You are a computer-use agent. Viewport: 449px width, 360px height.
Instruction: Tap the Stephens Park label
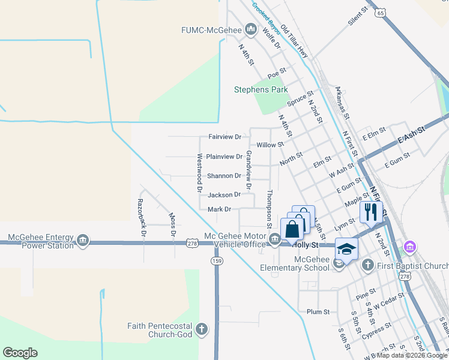[261, 90]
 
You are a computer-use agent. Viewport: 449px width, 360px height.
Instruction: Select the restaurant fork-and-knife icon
[371, 212]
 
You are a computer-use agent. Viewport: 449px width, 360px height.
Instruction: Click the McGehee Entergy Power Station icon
[83, 241]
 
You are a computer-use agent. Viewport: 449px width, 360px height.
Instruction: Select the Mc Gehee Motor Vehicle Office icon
[275, 240]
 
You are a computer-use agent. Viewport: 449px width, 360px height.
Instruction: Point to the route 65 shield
[379, 11]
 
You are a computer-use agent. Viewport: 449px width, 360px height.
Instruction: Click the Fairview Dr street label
[224, 137]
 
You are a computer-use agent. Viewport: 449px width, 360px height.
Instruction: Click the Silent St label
[357, 17]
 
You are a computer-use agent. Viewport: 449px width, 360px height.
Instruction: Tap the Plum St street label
[318, 312]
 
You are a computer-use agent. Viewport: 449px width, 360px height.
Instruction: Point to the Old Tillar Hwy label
[294, 41]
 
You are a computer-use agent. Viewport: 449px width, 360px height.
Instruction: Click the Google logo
[20, 353]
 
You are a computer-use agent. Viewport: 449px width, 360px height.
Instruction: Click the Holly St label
[304, 245]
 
